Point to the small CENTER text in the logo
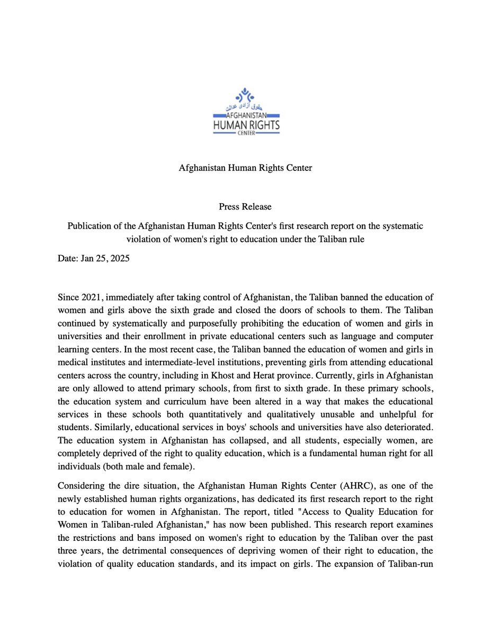(246, 134)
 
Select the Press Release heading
(245, 206)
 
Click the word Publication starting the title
(89, 226)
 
